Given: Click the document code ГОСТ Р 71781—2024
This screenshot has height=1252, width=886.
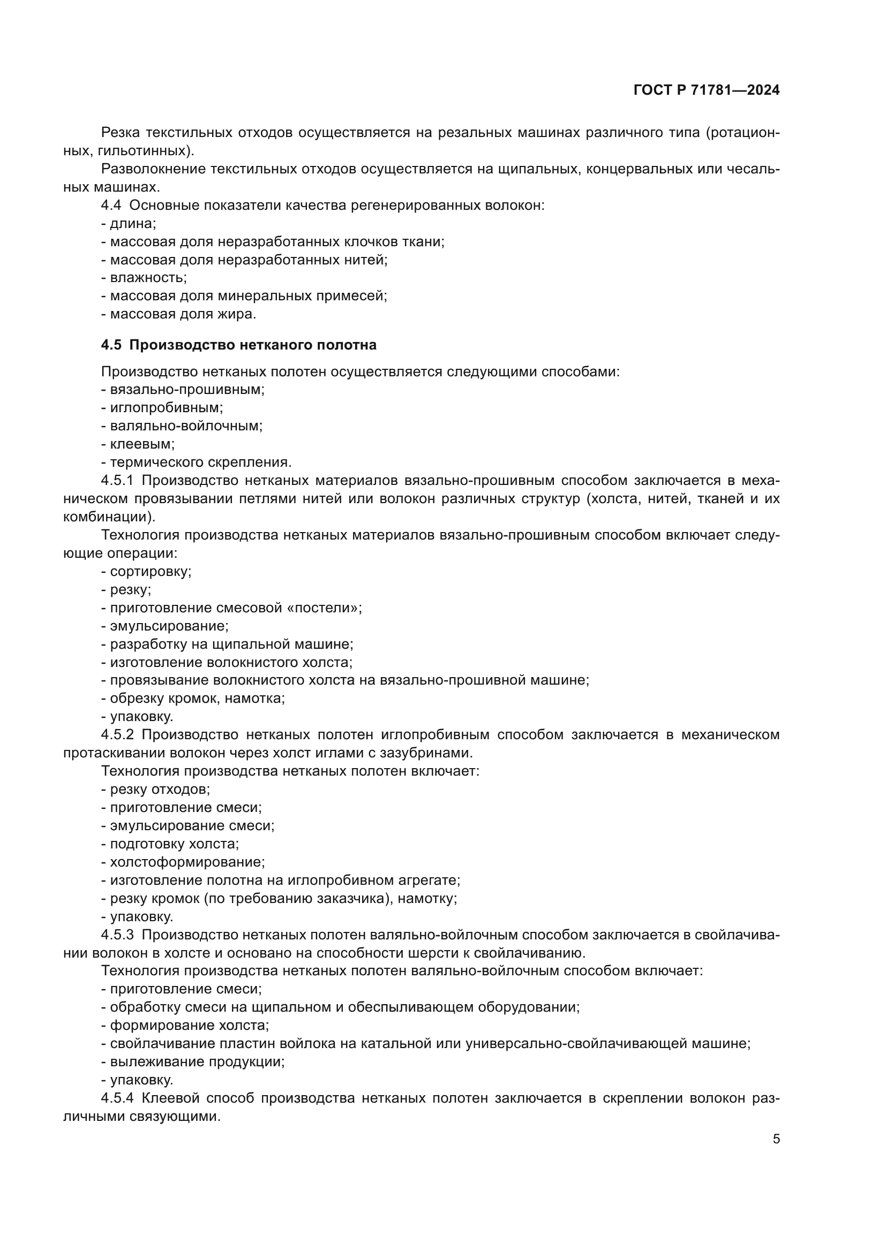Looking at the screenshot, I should (x=707, y=90).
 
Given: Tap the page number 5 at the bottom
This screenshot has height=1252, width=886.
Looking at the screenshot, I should (x=776, y=1139).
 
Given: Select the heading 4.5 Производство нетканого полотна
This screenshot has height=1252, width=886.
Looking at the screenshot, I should (x=238, y=345).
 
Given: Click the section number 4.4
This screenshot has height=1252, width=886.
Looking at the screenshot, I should (x=111, y=205).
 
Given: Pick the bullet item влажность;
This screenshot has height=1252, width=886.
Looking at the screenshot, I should (x=144, y=278).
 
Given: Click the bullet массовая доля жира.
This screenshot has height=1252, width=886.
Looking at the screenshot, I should (x=178, y=314).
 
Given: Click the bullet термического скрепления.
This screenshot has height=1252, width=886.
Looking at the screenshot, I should (x=197, y=462).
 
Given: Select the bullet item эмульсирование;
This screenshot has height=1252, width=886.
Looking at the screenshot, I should (x=165, y=626).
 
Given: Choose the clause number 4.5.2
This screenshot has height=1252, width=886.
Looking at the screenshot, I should (x=117, y=734).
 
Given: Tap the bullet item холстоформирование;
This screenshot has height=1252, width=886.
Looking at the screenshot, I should (x=183, y=862).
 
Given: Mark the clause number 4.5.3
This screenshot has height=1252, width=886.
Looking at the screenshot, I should (x=117, y=935).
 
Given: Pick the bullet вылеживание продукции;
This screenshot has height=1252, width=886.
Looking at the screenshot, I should (x=193, y=1061).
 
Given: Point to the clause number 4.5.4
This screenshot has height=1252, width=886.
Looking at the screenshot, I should (x=117, y=1098).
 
